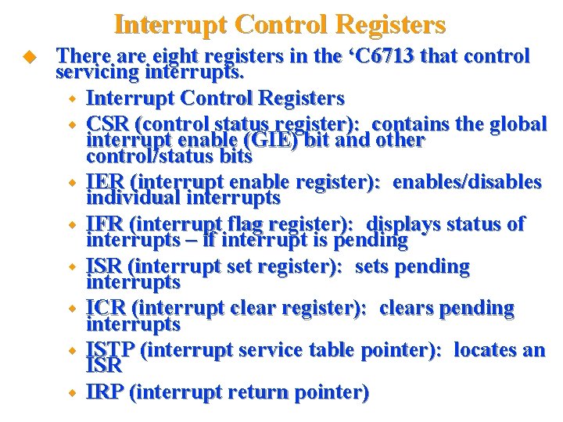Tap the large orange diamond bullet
(x=31, y=57)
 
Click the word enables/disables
(x=467, y=182)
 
